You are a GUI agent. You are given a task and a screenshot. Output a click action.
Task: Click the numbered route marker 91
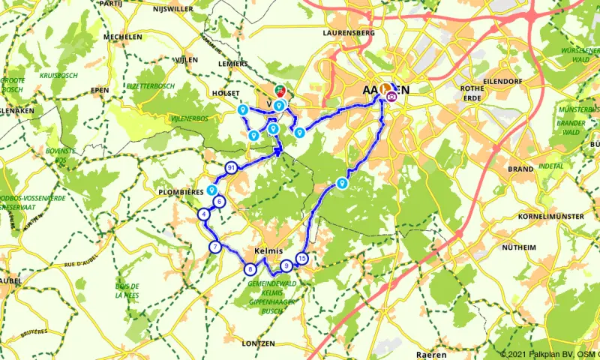pos(230,167)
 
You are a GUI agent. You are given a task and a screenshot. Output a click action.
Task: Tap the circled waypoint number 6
pos(219,201)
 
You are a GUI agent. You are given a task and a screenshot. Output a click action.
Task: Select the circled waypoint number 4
pos(204,215)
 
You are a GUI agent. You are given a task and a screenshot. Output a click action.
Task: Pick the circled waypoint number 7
pos(215,247)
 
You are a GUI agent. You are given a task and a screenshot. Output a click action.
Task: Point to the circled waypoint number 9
pos(286,265)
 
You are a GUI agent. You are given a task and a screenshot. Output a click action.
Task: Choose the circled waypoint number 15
pos(301,258)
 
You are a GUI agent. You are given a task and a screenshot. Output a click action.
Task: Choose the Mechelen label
pos(124,36)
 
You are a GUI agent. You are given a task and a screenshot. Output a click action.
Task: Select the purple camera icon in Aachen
pos(391,95)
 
